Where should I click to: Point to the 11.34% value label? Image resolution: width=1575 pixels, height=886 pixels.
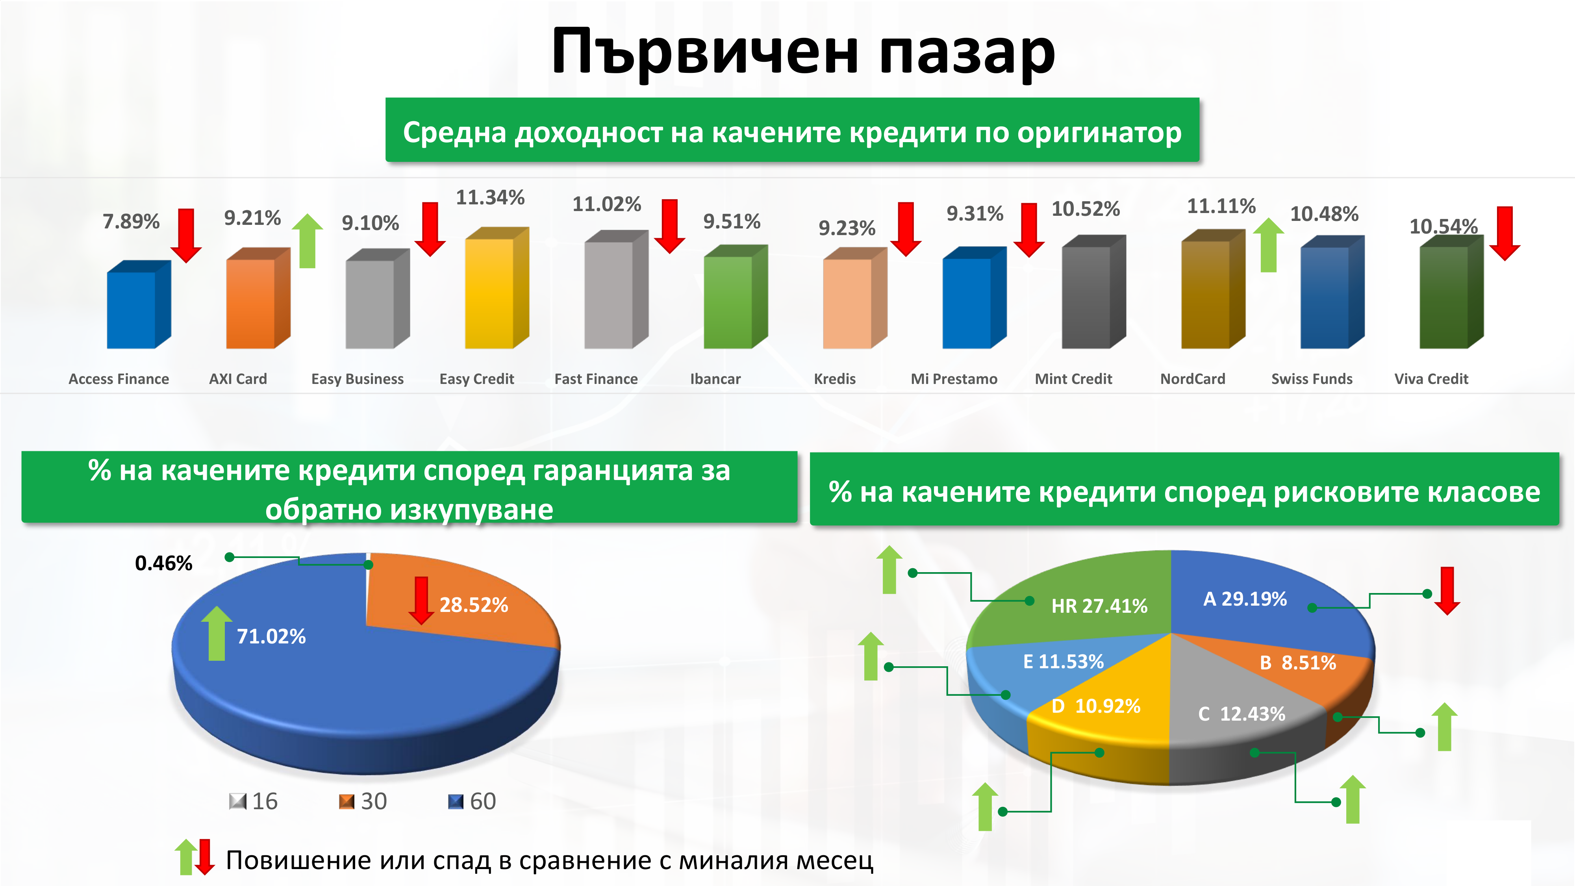[490, 198]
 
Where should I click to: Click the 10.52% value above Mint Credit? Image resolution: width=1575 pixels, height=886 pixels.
[1085, 209]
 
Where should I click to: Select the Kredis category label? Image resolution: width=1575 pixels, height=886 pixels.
[835, 379]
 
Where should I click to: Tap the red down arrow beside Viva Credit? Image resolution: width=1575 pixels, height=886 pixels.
[1505, 234]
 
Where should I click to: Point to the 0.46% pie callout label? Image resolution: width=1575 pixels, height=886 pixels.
[164, 563]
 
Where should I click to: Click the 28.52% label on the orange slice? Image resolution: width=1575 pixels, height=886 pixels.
[474, 605]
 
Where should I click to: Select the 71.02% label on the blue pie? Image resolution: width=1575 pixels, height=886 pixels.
[271, 636]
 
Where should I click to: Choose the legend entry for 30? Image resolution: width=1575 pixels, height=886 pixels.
[363, 801]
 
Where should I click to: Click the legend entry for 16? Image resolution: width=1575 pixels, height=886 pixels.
[254, 801]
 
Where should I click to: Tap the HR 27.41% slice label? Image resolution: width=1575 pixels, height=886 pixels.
[1099, 606]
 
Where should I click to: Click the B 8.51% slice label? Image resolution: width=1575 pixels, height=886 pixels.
[1298, 663]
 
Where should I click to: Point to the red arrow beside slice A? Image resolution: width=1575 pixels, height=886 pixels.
[1447, 591]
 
